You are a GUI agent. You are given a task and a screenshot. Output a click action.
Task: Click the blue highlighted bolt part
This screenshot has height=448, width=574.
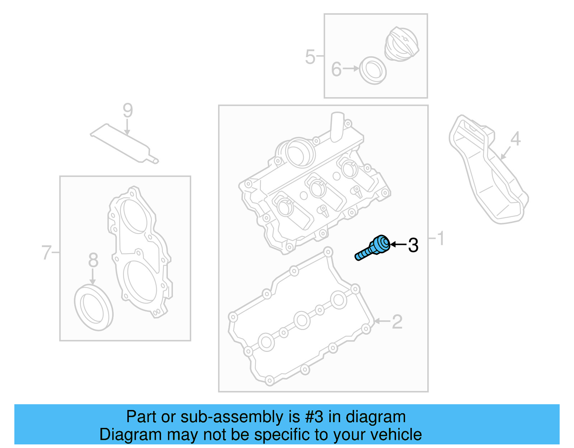(373, 248)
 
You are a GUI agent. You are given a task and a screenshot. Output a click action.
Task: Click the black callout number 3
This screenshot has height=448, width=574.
(413, 245)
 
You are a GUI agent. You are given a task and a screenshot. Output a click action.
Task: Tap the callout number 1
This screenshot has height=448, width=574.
(441, 239)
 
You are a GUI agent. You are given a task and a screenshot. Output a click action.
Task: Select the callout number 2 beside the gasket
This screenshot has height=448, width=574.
(397, 322)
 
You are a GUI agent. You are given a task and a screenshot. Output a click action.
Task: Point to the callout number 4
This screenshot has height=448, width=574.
(515, 139)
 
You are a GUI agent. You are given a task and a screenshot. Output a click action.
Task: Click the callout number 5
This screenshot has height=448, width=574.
(310, 57)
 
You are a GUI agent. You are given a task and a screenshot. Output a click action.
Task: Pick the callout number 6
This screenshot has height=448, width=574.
(336, 69)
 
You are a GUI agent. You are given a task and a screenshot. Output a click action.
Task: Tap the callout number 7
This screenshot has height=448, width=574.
(46, 253)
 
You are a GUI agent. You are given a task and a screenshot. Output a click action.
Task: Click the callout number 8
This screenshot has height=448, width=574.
(93, 260)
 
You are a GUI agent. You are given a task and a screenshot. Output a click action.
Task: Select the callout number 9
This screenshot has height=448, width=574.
(128, 110)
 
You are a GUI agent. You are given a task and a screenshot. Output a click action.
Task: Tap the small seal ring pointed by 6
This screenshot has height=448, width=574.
(373, 71)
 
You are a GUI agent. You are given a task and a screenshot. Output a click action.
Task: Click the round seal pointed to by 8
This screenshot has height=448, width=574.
(94, 307)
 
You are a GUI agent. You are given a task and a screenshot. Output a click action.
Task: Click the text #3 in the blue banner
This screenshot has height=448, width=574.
(314, 417)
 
